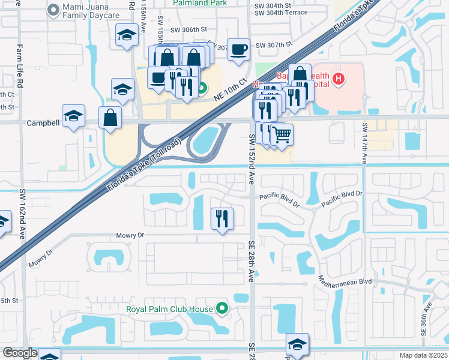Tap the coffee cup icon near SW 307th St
point(238,50)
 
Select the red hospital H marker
point(339,79)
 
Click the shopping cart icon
point(281,135)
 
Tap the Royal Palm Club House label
point(169,310)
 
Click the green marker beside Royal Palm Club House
point(222,310)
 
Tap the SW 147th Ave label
point(364,143)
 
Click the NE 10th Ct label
point(234,91)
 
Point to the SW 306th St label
point(188,29)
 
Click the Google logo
point(20,353)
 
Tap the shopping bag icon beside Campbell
point(110,118)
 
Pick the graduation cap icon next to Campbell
point(73,116)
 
